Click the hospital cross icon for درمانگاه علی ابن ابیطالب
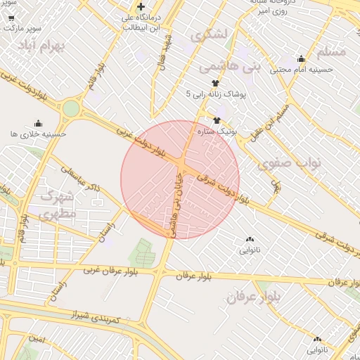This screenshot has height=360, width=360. click(x=141, y=6)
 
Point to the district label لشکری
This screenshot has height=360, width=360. click(x=209, y=33)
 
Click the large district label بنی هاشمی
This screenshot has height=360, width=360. click(x=230, y=67)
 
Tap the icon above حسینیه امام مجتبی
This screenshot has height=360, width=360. click(x=301, y=59)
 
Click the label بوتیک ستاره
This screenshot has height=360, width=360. click(x=236, y=131)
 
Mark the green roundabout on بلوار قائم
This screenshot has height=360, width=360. click(x=71, y=108)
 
